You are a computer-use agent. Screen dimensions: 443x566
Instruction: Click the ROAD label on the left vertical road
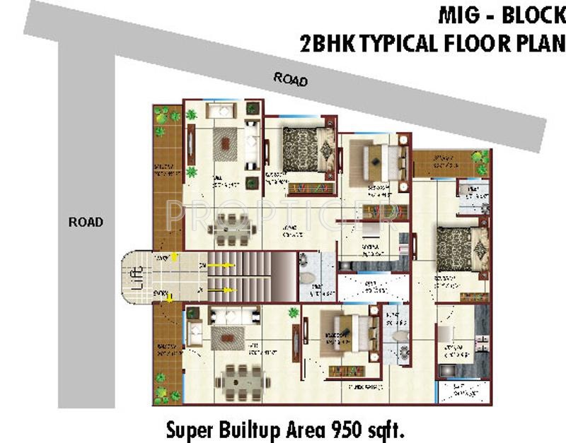coord(86,222)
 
